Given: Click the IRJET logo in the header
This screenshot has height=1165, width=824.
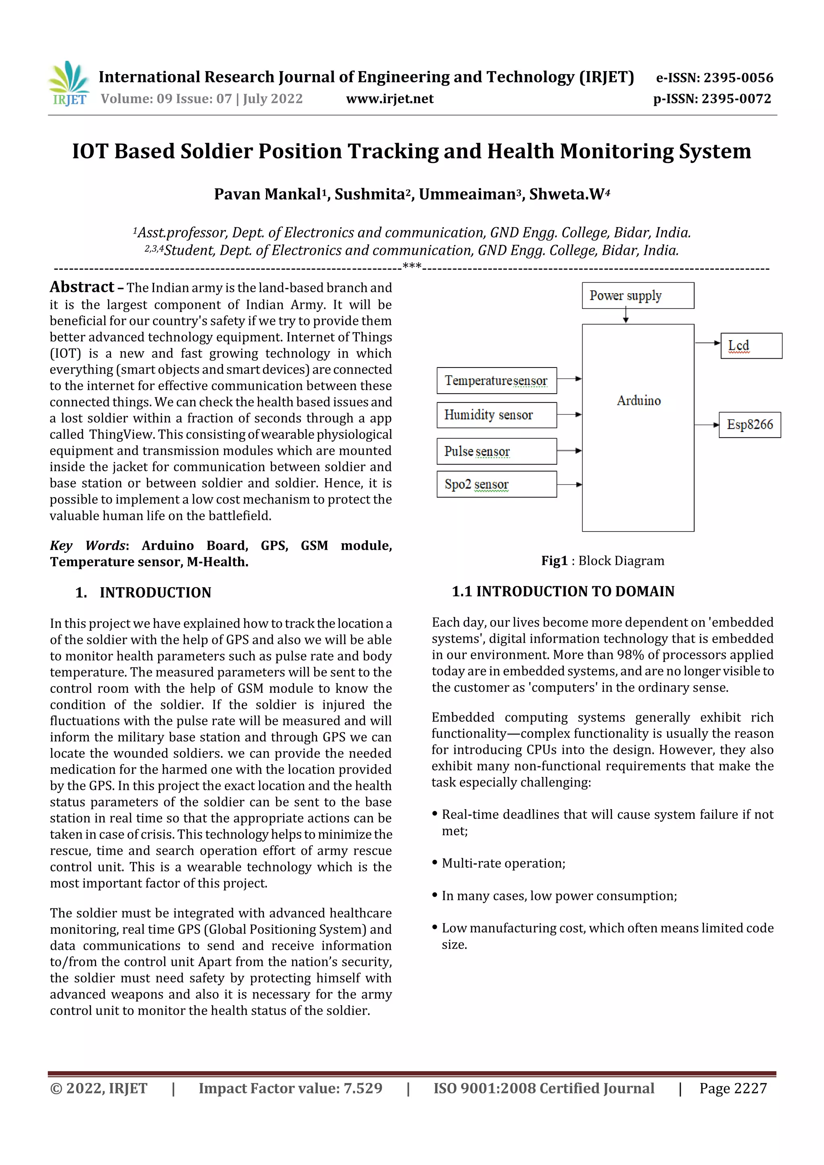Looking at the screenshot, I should click(x=70, y=84).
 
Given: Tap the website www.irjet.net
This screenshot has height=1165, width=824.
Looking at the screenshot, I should click(x=389, y=99).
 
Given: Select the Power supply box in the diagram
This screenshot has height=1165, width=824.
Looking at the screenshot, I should click(x=637, y=295).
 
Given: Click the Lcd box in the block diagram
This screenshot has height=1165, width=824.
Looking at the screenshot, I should click(x=751, y=345).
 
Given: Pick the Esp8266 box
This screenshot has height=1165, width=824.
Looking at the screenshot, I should click(x=750, y=425).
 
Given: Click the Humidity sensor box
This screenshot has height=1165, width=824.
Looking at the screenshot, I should click(x=496, y=415).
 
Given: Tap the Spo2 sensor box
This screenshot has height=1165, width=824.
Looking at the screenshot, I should click(x=496, y=484).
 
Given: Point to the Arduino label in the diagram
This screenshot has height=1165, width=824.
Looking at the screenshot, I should click(x=638, y=401).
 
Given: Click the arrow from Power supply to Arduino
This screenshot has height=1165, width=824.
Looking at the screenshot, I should click(x=626, y=316).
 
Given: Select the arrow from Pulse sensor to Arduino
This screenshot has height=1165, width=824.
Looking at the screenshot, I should click(x=569, y=450).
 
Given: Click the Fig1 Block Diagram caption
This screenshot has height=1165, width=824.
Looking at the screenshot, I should click(x=602, y=561).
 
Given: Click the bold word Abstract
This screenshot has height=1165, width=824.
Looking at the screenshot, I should click(x=82, y=287).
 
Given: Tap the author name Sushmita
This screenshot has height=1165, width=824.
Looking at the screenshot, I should click(x=369, y=194).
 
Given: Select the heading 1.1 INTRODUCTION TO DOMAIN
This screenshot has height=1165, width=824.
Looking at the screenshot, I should click(x=562, y=591).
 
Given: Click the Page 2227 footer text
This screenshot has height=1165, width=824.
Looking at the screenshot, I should click(x=733, y=1088).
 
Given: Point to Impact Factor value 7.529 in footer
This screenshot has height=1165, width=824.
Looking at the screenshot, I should click(x=290, y=1088).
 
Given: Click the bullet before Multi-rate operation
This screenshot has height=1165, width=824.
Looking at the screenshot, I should click(x=435, y=863).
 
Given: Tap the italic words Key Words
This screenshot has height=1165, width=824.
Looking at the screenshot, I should click(x=87, y=545).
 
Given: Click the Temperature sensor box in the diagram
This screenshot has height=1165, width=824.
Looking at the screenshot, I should click(x=496, y=380).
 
